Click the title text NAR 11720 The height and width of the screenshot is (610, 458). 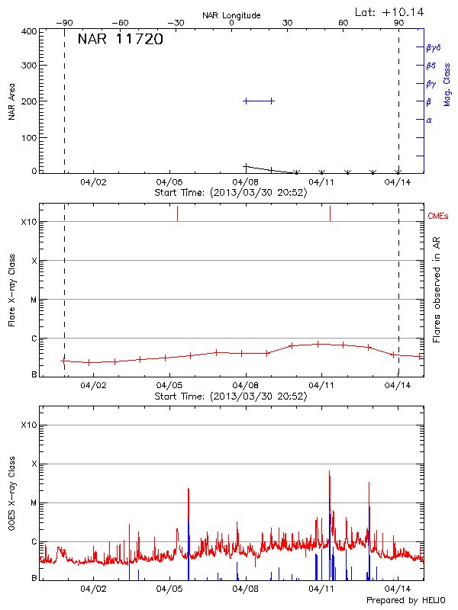click(x=120, y=40)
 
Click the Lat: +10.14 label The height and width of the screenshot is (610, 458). click(x=390, y=11)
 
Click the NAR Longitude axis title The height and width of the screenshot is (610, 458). click(x=231, y=15)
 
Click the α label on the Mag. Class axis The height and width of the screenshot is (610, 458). click(x=429, y=120)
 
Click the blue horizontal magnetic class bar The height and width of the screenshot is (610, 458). click(x=258, y=101)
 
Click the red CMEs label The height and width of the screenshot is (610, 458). click(x=438, y=217)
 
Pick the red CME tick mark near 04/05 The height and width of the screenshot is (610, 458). click(x=177, y=213)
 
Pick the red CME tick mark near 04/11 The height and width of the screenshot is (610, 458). click(x=330, y=213)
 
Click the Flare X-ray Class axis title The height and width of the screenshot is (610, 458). click(x=11, y=289)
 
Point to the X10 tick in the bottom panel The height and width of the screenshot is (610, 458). click(x=28, y=425)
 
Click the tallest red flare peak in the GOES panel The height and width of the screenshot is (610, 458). click(x=330, y=473)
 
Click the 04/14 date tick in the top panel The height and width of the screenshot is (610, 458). click(x=398, y=183)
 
